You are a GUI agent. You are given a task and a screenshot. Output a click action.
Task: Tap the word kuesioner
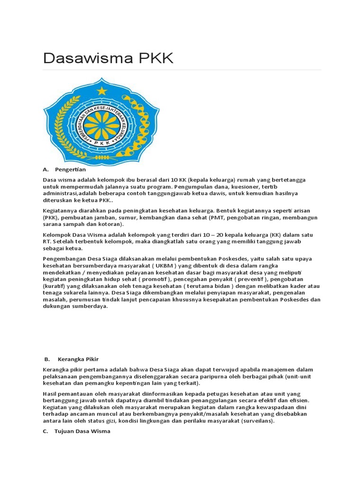click(250, 187)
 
